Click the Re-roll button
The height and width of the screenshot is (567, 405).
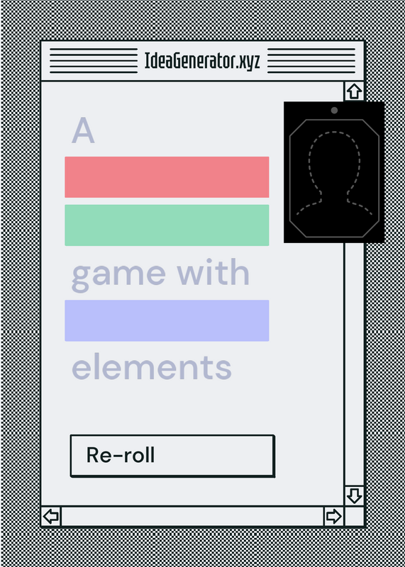[x=172, y=456]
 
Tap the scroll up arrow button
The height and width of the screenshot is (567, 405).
[x=354, y=91]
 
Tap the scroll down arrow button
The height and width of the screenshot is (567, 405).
[x=354, y=495]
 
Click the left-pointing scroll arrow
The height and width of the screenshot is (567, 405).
[x=51, y=516]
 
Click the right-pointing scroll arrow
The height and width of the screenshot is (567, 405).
[x=333, y=516]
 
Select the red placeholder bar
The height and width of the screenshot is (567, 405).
[x=167, y=177]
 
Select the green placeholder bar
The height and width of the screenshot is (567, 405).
[x=167, y=225]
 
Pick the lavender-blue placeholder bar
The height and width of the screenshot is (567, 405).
[x=167, y=320]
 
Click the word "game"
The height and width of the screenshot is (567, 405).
[x=118, y=276]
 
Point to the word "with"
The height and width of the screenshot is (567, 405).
[x=213, y=271]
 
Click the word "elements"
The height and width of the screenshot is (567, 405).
[x=151, y=366]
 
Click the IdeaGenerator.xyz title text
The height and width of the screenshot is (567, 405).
[x=202, y=61]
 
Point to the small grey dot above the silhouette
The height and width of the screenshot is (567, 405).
[x=334, y=111]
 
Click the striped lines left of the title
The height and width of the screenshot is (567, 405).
[x=94, y=61]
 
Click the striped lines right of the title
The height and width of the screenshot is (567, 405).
[x=311, y=61]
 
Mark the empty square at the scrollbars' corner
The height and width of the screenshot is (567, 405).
[x=354, y=516]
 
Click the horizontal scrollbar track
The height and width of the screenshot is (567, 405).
[x=192, y=516]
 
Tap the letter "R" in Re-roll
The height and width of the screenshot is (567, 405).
[x=93, y=455]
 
